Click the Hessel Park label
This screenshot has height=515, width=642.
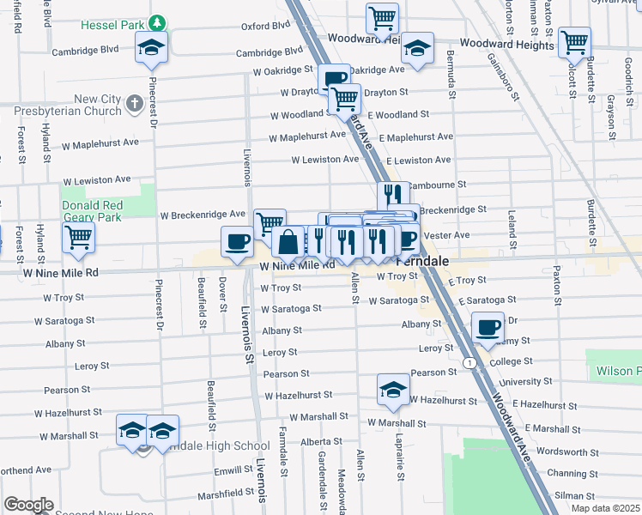(x=112, y=25)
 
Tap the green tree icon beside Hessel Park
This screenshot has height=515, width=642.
(x=156, y=22)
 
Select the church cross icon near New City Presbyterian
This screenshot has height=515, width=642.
(x=134, y=105)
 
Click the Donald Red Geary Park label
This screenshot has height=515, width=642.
(x=93, y=211)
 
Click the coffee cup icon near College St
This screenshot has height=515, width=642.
(x=488, y=328)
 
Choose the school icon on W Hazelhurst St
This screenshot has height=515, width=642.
(x=393, y=389)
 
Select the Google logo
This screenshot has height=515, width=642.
(x=28, y=505)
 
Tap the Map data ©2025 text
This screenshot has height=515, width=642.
(x=604, y=508)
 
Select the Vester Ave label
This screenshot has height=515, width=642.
(x=447, y=234)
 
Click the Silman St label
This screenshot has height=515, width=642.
(x=574, y=496)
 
